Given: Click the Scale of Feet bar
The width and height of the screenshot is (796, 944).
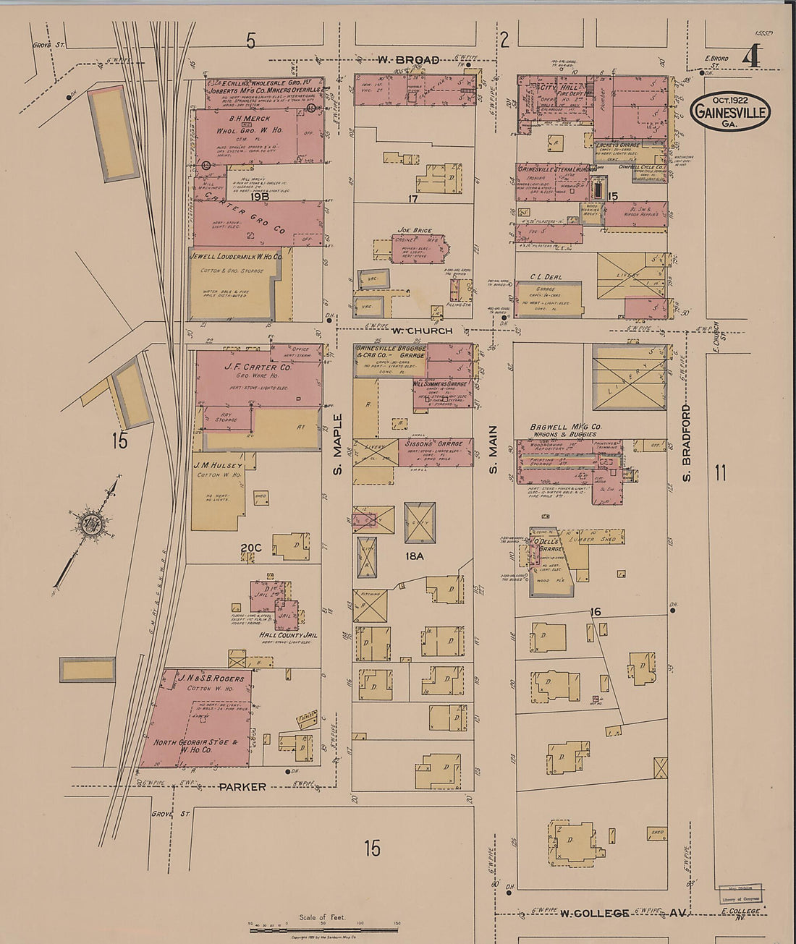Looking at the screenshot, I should (325, 930).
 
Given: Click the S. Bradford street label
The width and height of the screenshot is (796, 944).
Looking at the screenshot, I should (686, 443).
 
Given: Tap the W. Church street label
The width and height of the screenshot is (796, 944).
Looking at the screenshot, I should (422, 331).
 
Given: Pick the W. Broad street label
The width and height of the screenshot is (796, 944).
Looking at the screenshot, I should (407, 60).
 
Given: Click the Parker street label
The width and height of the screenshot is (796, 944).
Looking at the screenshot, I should (242, 786).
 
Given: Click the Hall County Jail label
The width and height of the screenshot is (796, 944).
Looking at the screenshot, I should (288, 635).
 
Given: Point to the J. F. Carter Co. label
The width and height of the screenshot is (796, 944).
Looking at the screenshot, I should (247, 367).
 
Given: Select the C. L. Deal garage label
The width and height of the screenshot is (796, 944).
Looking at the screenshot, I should (546, 276).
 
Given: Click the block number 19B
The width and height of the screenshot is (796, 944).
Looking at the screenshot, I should (259, 196).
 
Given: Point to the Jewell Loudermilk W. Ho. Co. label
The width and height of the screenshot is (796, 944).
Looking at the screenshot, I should (235, 256).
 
